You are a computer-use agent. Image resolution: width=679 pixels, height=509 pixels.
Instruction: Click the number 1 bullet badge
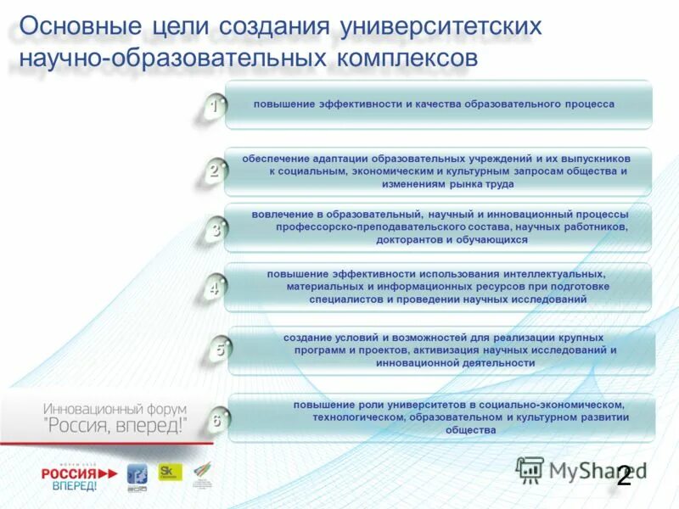[215, 107]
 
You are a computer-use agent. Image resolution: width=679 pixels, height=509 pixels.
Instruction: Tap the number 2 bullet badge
[215, 170]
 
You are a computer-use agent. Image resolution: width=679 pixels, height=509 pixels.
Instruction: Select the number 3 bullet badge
[216, 229]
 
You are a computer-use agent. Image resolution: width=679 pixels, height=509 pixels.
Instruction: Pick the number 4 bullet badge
[215, 288]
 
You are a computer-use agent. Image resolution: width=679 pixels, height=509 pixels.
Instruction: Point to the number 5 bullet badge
[220, 349]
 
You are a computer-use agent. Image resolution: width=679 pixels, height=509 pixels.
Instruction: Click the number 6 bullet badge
[217, 419]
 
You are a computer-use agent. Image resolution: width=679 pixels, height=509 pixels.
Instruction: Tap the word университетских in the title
[441, 25]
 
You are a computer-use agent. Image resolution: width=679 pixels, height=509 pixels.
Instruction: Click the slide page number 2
[624, 476]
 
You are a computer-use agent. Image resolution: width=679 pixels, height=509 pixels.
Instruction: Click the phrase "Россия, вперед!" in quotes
[114, 425]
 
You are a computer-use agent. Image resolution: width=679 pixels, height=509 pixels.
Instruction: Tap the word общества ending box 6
[470, 430]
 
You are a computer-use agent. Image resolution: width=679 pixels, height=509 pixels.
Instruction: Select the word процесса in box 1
[588, 103]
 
